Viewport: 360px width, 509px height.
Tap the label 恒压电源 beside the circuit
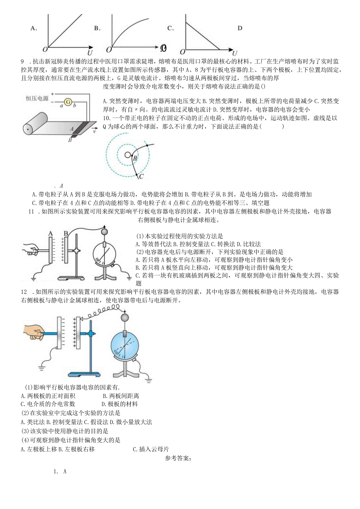click(x=37, y=99)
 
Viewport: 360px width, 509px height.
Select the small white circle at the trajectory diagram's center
click(x=128, y=155)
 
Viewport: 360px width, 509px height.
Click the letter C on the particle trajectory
click(x=142, y=176)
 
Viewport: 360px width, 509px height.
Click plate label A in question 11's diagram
click(x=50, y=234)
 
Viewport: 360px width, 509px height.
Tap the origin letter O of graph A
click(x=45, y=49)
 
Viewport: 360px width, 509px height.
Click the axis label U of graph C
click(x=234, y=53)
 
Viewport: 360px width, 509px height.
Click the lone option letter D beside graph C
click(x=240, y=28)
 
